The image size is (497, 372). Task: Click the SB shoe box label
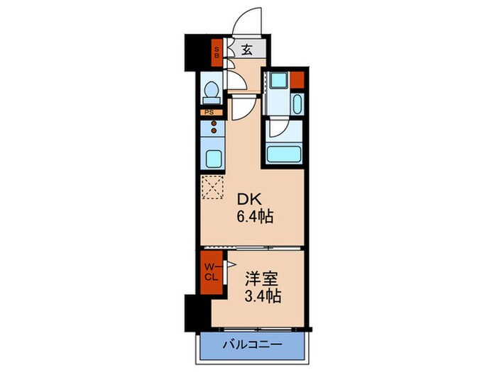[218, 50]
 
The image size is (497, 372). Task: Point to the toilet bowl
[211, 91]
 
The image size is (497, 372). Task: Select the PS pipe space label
[209, 112]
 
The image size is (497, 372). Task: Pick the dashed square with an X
[212, 188]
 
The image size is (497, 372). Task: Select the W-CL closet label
[212, 271]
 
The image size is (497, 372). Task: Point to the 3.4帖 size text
[261, 296]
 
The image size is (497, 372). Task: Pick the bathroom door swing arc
[278, 130]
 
